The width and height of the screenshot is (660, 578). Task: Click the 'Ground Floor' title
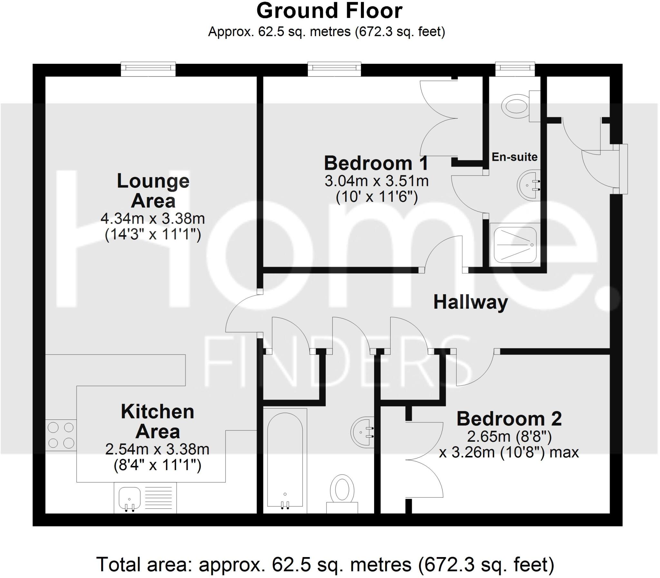pos(329,11)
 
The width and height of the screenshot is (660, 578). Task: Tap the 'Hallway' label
pos(470,303)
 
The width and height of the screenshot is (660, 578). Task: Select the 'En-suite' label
pos(514,157)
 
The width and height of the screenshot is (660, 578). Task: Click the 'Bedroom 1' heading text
pos(376,163)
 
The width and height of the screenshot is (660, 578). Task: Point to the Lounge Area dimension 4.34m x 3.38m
pos(152,219)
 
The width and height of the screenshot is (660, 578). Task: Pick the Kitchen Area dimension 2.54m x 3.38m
pos(157,449)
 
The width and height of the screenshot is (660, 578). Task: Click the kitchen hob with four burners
pos(61,435)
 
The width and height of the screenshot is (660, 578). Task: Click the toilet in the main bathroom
pos(342,492)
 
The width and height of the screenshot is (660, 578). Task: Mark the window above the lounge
pos(148,69)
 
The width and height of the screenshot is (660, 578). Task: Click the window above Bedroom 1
pos(334,69)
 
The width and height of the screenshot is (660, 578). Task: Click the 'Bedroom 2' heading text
pos(509,419)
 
